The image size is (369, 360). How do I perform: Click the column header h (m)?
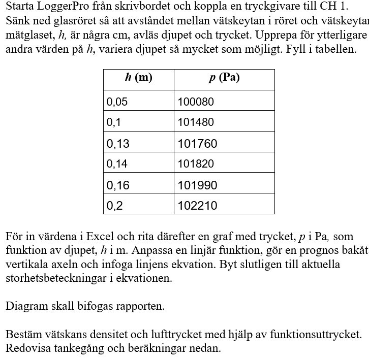click(139, 78)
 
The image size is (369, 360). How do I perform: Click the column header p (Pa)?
click(224, 78)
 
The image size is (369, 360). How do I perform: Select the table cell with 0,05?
click(117, 102)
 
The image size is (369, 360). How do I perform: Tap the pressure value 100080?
click(196, 102)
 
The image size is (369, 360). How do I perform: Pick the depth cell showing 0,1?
click(114, 122)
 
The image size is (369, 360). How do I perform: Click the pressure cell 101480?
click(196, 122)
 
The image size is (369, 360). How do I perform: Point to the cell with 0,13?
click(118, 144)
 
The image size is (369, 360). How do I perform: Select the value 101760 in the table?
click(197, 144)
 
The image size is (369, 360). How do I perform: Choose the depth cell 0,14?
click(117, 164)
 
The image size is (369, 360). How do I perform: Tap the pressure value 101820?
click(196, 164)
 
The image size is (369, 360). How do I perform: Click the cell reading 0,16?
click(118, 185)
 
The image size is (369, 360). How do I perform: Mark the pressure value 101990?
click(197, 185)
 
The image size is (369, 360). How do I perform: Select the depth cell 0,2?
click(114, 206)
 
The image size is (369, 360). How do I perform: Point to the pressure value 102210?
click(197, 206)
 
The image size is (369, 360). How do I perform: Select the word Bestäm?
click(22, 335)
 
